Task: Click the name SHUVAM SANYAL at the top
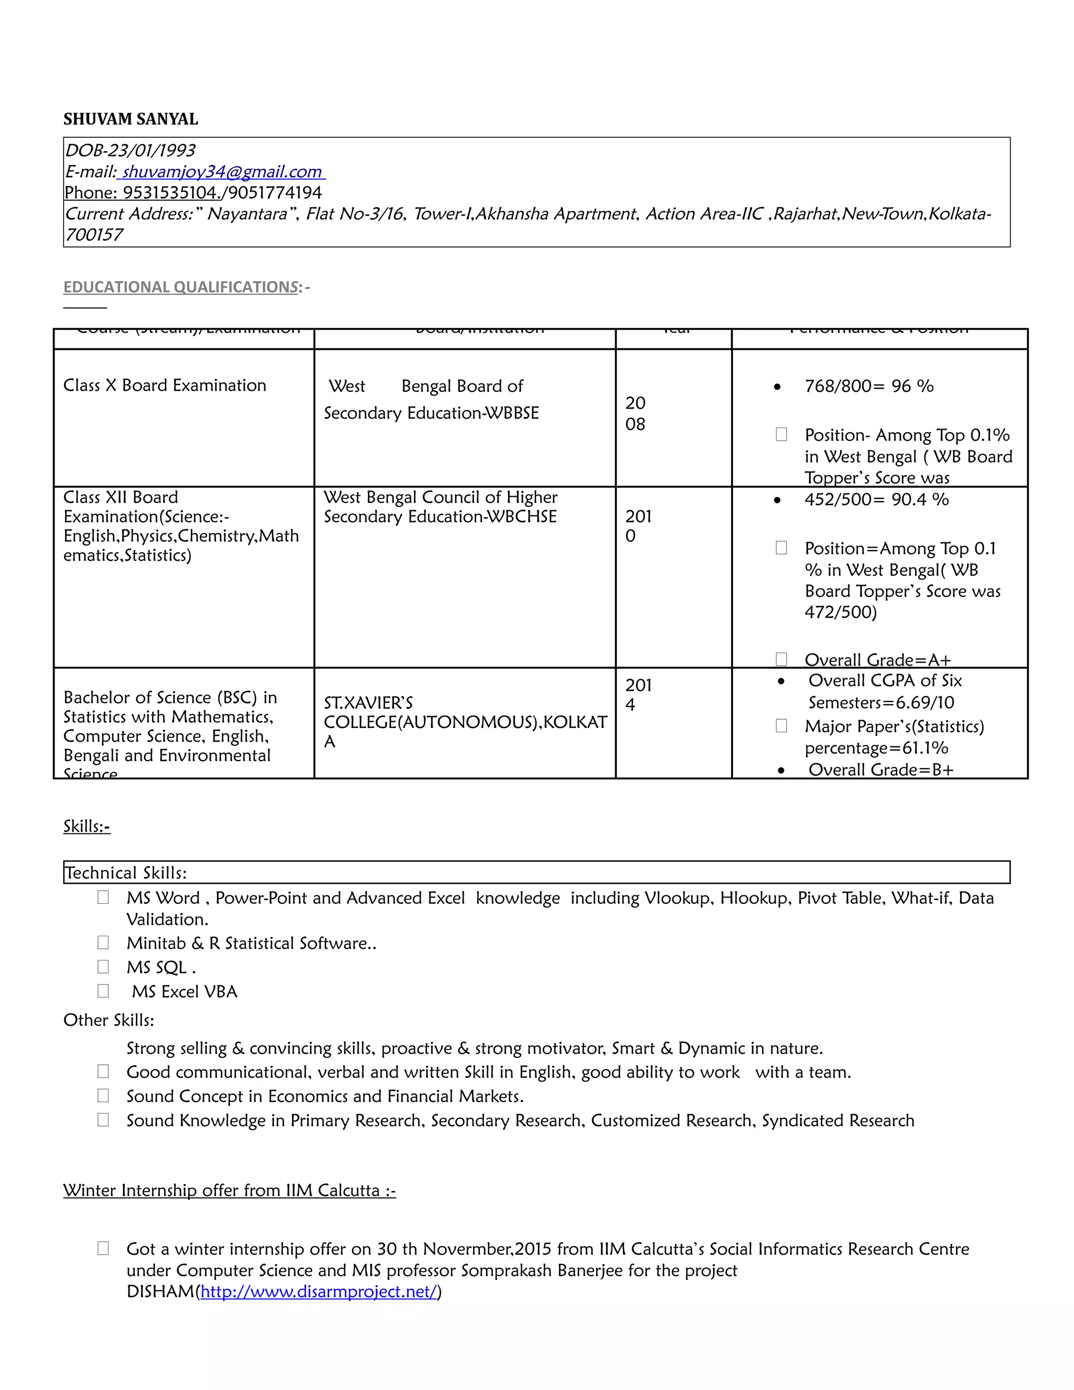click(131, 119)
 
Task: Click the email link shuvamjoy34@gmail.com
click(221, 172)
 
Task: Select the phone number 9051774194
click(275, 193)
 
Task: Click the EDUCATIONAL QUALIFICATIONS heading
click(181, 287)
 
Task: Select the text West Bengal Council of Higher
click(441, 497)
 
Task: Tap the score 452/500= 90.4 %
click(876, 499)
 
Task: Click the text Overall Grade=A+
click(877, 659)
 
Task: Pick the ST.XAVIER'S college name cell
click(465, 722)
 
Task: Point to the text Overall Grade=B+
click(880, 769)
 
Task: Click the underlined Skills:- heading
click(87, 826)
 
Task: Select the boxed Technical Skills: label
click(125, 873)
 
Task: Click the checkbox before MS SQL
click(103, 967)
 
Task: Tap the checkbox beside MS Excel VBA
click(103, 991)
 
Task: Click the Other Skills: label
click(109, 1020)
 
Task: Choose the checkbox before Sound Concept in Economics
click(103, 1095)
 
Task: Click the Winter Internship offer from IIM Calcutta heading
click(229, 1190)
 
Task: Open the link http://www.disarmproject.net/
click(319, 1291)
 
